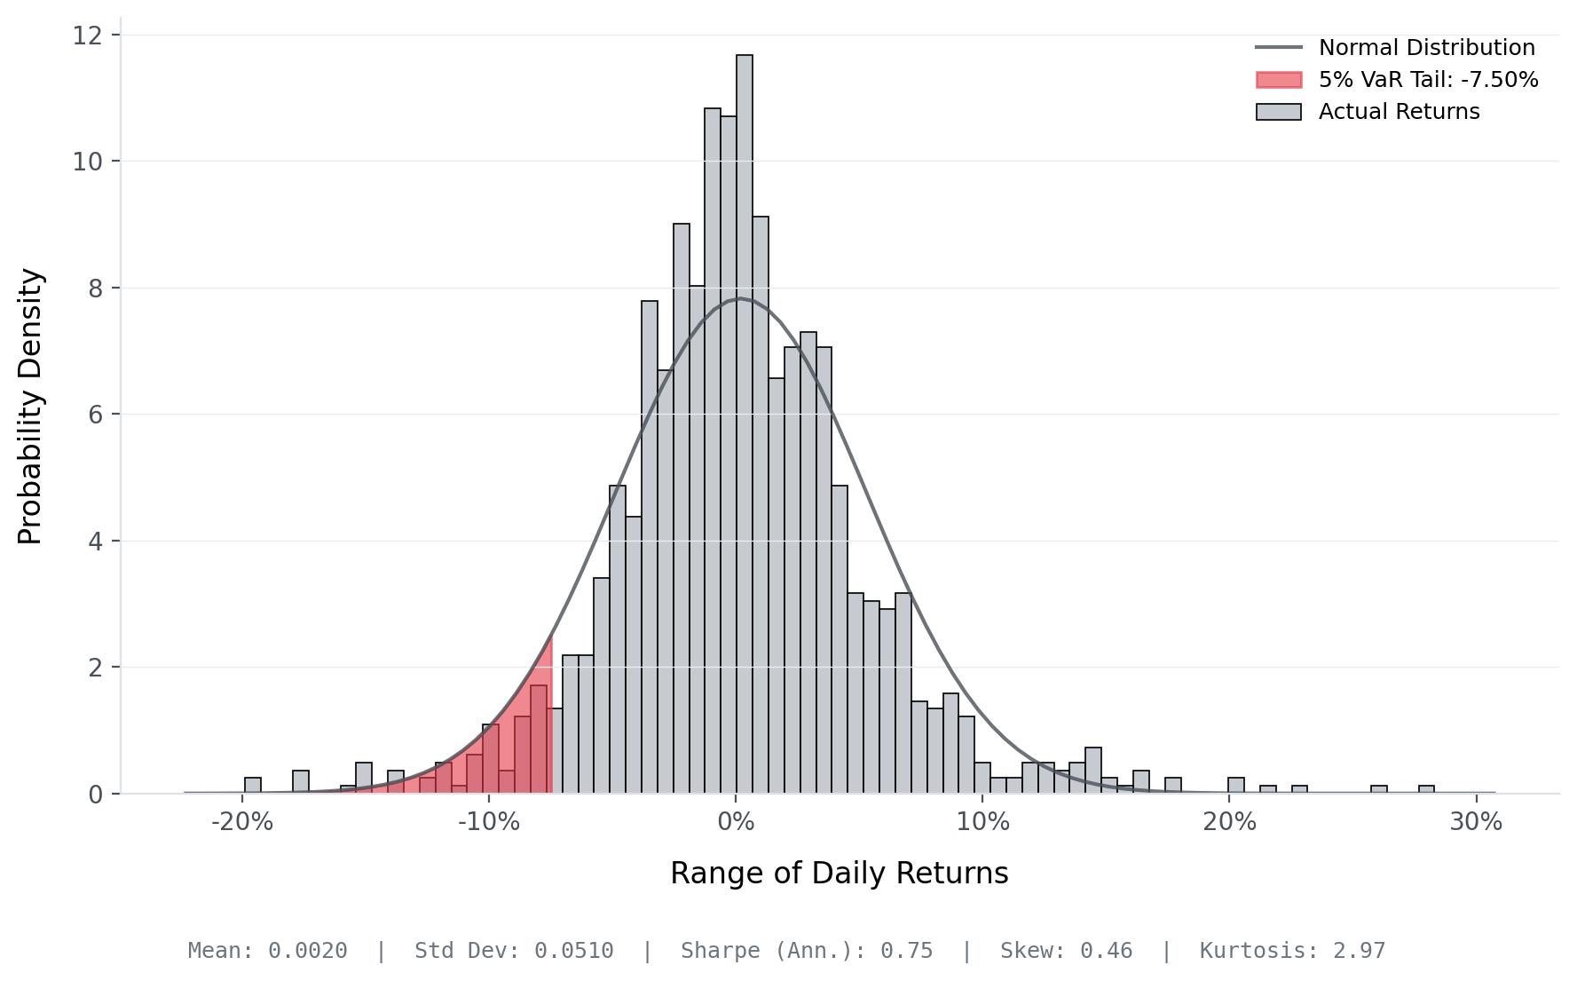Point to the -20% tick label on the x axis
click(242, 822)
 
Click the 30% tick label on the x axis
click(1476, 822)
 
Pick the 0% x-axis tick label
click(736, 822)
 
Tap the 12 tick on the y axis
click(86, 36)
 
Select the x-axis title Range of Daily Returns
click(839, 874)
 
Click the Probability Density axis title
click(31, 407)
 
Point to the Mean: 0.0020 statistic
click(267, 951)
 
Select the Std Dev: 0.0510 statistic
click(514, 951)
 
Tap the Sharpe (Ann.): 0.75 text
click(807, 951)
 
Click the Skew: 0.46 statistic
click(1066, 951)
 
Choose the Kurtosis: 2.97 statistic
click(1292, 951)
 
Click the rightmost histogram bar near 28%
click(1426, 789)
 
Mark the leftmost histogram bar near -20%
click(253, 786)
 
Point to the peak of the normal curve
click(741, 299)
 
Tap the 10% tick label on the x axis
click(982, 822)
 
